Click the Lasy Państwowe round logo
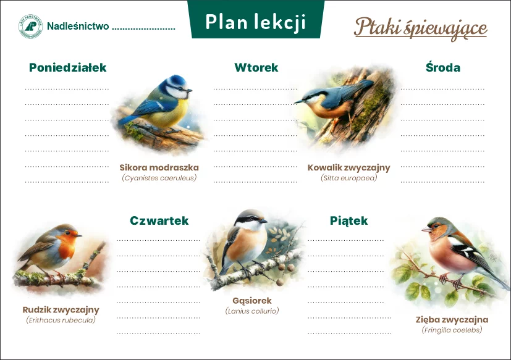pos(30,27)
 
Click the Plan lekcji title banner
pos(256,20)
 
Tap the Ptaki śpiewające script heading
pos(420,28)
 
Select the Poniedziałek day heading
pos(68,67)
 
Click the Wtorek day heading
pos(256,67)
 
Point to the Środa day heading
pos(443,67)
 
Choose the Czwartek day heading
pos(159,220)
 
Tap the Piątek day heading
pos(348,221)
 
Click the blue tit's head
pos(177,86)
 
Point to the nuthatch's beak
pos(298,102)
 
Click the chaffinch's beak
pos(426,229)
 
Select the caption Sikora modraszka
pos(159,167)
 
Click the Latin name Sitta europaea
pos(348,178)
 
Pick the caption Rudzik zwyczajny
pos(61,310)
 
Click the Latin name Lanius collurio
pos(252,311)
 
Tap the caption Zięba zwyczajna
pos(452,320)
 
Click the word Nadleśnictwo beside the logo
pos(78,26)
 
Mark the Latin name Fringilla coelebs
pos(452,330)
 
